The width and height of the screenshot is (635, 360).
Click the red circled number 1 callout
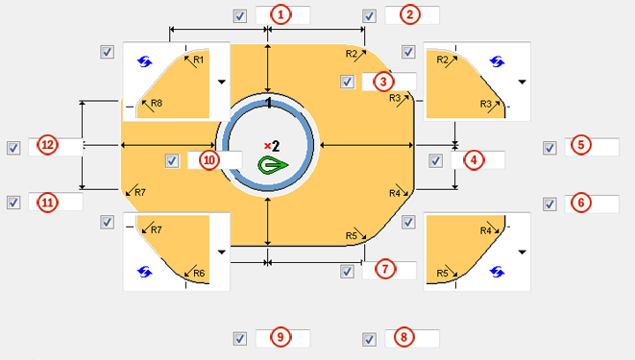click(x=281, y=14)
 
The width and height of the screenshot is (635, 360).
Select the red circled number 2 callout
click(x=410, y=14)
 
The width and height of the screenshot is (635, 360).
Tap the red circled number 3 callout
click(x=382, y=82)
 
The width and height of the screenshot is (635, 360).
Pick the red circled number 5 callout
click(x=580, y=146)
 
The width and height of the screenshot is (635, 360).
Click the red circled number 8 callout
click(x=403, y=338)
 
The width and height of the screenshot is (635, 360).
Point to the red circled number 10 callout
click(x=208, y=159)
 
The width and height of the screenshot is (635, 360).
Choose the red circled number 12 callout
click(x=47, y=146)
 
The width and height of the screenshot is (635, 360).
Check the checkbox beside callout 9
click(x=240, y=338)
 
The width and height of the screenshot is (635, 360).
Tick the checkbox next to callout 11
click(x=13, y=203)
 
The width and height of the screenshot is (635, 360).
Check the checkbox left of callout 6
click(x=550, y=204)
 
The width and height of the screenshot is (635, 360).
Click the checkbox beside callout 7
click(x=347, y=271)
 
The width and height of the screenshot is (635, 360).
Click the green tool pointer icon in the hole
click(x=274, y=165)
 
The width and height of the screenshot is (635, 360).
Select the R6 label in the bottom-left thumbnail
click(x=199, y=274)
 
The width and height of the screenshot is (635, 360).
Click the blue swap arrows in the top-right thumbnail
click(x=497, y=60)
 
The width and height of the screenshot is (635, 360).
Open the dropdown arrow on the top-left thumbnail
click(x=221, y=82)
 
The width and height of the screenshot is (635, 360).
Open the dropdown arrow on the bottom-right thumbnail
click(x=522, y=252)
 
